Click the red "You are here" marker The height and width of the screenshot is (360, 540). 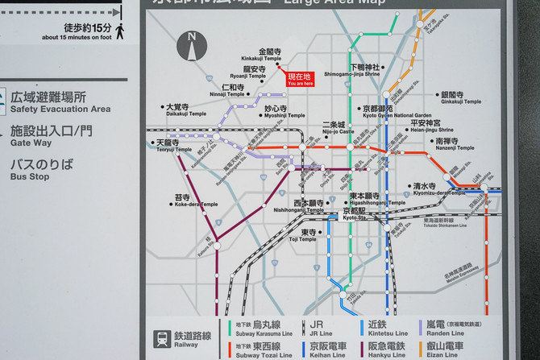click(x=300, y=79)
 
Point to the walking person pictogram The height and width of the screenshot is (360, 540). click(x=120, y=31)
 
